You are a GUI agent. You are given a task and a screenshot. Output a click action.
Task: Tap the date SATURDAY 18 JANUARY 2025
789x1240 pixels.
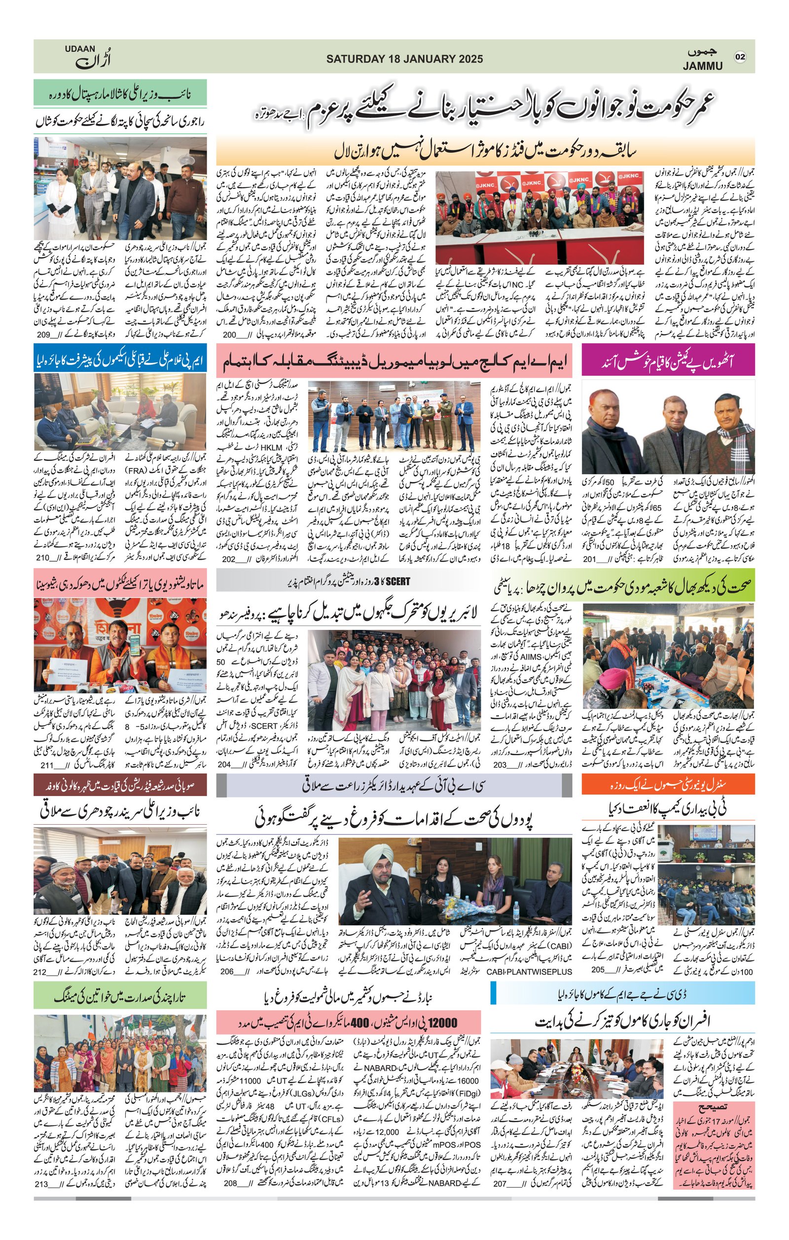pyautogui.click(x=404, y=59)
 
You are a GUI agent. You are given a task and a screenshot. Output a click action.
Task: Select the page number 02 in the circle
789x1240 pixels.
pyautogui.click(x=740, y=57)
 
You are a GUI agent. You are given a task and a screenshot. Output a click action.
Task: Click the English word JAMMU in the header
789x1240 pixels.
pyautogui.click(x=703, y=66)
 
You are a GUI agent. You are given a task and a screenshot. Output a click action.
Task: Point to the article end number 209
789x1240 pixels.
pyautogui.click(x=44, y=335)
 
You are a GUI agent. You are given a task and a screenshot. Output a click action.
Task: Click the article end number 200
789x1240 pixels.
pyautogui.click(x=229, y=335)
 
